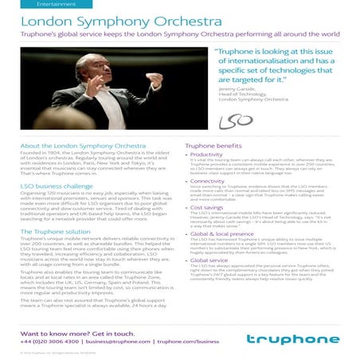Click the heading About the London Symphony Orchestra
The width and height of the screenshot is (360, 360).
pyautogui.click(x=72, y=147)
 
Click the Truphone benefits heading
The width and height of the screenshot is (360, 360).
pyautogui.click(x=215, y=147)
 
